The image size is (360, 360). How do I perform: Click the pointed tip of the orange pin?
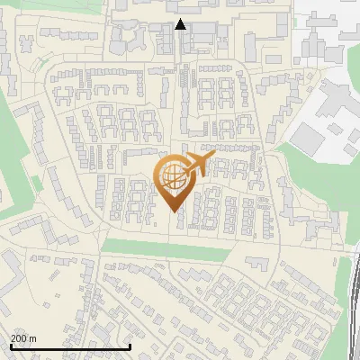173,211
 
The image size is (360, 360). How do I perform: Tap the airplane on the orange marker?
197,165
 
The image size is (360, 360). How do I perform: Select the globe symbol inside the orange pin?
173,177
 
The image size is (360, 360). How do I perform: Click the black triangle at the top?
181,24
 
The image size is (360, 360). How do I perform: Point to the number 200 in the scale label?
20,338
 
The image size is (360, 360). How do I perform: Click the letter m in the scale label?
34,338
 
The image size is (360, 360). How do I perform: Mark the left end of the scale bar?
11,346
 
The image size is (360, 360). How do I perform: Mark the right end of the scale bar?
130,346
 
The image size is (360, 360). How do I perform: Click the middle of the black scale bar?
70,346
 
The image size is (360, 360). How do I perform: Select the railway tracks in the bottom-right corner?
353,306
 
